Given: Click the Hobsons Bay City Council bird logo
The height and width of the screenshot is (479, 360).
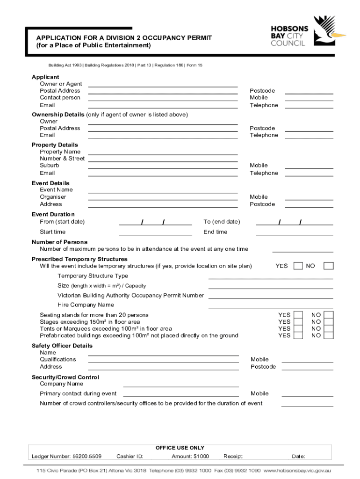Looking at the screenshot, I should pos(329,29).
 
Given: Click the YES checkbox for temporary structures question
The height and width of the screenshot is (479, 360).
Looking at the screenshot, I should pos(298,266).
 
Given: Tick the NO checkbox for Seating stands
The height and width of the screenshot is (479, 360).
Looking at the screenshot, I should pos(329,315).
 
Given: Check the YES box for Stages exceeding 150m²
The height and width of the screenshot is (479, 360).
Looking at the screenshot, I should pos(298,322).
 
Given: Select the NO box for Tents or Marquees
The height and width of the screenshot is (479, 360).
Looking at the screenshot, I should pos(329,328).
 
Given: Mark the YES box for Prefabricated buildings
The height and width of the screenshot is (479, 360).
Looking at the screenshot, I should pos(298,335).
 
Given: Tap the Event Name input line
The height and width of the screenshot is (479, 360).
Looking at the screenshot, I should pos(163,190).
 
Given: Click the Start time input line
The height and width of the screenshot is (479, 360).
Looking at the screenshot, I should pos(155,232).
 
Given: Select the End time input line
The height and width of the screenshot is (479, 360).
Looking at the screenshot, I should pos(294,232).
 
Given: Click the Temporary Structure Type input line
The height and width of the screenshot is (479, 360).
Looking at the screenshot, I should pos(270,276).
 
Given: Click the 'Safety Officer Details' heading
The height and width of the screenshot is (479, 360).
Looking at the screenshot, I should pos(62,346).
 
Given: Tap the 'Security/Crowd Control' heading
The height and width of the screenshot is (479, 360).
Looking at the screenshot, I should pos(65,377).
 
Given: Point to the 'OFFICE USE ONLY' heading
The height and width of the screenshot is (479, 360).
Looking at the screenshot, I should pos(180,448).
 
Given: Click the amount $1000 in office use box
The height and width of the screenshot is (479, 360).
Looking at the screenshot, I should pos(190,456).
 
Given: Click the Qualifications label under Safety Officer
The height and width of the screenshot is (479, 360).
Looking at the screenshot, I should pos(58,359).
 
